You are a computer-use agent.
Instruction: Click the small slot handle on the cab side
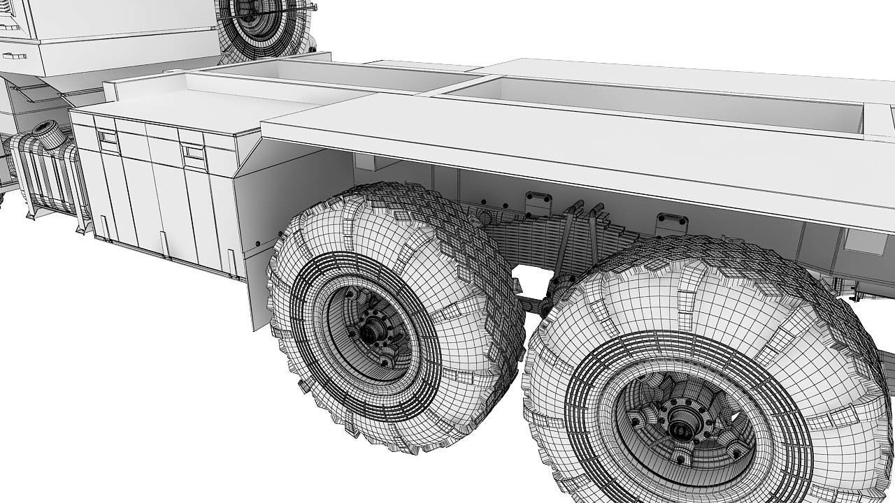(14, 55)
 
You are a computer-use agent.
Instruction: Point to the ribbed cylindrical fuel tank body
(42, 171)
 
